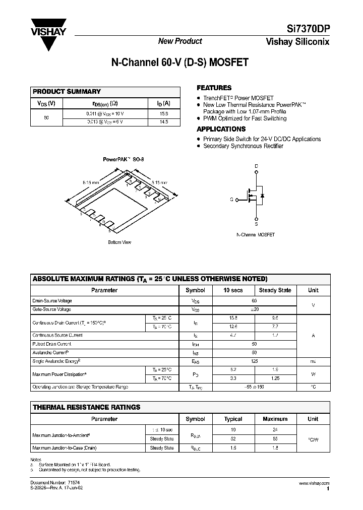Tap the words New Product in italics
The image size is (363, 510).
tap(180, 41)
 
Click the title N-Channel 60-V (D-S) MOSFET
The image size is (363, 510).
tap(179, 63)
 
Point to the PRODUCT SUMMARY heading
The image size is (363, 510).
tap(67, 92)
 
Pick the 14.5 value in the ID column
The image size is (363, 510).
tap(163, 122)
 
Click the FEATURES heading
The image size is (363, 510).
tap(214, 88)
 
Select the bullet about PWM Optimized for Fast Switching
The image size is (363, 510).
tap(245, 118)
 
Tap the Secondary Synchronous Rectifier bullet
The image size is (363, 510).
tap(243, 146)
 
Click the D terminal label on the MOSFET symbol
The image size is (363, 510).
tap(256, 166)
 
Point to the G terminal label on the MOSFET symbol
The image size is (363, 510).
tap(231, 200)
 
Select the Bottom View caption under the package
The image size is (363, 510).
tap(119, 242)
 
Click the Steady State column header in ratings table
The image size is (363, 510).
tap(275, 290)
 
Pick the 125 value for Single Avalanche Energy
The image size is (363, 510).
tap(254, 361)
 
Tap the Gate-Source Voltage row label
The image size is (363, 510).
tap(52, 309)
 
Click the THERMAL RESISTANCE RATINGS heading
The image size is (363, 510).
tap(86, 407)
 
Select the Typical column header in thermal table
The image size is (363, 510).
tap(233, 419)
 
